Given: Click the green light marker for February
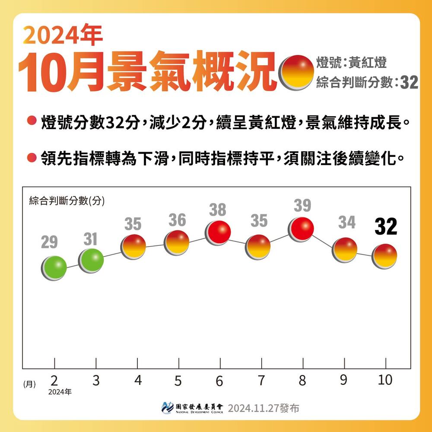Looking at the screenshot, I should point(54,268).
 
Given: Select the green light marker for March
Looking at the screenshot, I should point(91,260).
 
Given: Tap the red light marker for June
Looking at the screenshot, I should point(217,232).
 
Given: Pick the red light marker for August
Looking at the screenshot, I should point(302,229).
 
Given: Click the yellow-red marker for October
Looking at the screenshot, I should point(384,256).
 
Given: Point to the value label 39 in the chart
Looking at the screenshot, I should point(302,206).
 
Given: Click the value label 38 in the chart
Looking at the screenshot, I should point(218,210).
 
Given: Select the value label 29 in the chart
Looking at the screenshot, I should point(49,243).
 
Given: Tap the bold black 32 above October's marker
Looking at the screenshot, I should point(385,227).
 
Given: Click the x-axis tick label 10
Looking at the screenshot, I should point(385,380).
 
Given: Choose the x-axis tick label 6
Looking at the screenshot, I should point(219,381).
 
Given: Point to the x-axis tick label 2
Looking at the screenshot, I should point(54,381).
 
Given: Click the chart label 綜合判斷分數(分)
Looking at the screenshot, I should point(67,200).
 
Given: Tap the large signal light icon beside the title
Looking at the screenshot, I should point(296,72).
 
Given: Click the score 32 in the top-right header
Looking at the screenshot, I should point(409,83).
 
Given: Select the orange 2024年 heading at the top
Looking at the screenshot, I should point(64,35).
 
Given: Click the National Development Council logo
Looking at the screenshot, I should point(167,407).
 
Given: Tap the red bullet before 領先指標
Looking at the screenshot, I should point(31,158).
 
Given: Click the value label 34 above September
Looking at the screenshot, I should point(347,222).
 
